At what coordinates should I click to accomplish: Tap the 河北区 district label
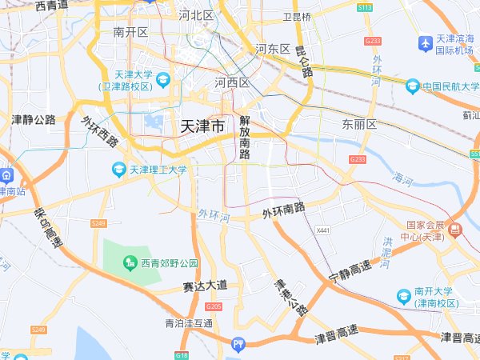click(196, 14)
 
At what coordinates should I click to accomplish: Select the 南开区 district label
click(131, 32)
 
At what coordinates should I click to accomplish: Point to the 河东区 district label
click(273, 49)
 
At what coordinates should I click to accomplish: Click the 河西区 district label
click(233, 82)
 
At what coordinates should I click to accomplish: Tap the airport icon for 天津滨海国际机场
click(425, 41)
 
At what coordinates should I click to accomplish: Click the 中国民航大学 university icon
click(413, 86)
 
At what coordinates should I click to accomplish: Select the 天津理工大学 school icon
click(119, 170)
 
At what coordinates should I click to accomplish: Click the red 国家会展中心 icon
click(454, 230)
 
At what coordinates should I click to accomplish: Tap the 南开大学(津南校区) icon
click(404, 297)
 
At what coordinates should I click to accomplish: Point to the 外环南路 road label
click(284, 211)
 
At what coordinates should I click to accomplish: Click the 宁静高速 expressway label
click(350, 271)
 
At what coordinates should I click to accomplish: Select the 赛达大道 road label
click(205, 285)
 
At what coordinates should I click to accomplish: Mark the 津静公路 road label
click(34, 119)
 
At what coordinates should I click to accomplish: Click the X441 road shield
click(323, 231)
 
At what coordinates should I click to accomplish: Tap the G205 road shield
click(213, 306)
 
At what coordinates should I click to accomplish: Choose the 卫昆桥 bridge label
click(297, 15)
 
